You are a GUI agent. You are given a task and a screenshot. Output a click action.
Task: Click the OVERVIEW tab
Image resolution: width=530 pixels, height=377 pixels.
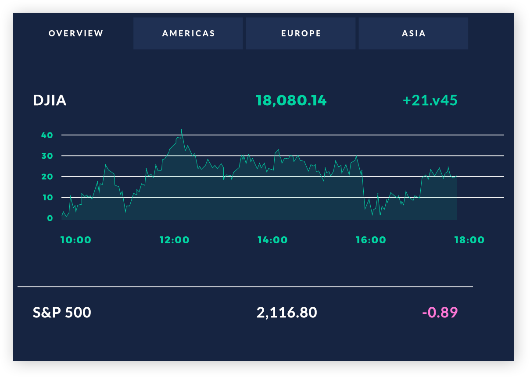76,33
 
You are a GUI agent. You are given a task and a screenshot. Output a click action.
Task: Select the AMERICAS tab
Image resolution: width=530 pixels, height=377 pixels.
188,33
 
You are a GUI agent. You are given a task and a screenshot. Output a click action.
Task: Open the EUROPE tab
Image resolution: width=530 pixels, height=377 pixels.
301,33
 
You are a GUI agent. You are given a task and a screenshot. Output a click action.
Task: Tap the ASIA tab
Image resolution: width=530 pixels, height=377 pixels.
413,33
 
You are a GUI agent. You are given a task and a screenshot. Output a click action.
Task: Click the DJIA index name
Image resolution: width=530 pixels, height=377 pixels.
50,100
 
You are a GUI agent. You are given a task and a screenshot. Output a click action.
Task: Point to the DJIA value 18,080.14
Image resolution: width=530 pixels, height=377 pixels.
291,100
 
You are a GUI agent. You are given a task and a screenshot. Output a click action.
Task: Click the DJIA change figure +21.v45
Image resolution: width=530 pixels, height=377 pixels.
430,100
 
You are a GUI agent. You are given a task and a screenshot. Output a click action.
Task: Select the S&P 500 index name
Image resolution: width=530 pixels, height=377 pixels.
62,313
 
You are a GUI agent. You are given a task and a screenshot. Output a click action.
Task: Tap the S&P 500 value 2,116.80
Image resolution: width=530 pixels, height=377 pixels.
286,313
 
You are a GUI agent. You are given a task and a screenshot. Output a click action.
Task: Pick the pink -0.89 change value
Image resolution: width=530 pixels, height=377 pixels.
440,313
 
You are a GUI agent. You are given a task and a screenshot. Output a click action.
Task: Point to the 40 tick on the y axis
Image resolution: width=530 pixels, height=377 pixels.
47,135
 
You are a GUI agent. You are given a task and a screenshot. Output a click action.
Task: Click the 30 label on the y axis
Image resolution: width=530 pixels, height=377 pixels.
47,156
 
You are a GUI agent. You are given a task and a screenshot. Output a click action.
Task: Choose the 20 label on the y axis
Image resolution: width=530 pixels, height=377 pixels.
47,177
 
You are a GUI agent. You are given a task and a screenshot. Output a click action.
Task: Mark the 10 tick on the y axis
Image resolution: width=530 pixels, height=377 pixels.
47,197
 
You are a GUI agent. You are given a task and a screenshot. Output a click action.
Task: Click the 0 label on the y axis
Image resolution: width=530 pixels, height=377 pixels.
50,218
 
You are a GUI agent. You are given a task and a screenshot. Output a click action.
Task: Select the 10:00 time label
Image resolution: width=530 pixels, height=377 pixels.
76,240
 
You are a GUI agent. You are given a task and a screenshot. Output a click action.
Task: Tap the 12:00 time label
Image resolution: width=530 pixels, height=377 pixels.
174,240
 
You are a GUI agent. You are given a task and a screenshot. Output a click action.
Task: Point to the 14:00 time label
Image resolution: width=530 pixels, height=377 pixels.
272,240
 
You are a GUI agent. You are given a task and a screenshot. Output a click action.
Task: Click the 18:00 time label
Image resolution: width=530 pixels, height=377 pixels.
469,240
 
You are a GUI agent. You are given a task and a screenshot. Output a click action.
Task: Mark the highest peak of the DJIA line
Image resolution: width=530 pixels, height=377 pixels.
181,130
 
